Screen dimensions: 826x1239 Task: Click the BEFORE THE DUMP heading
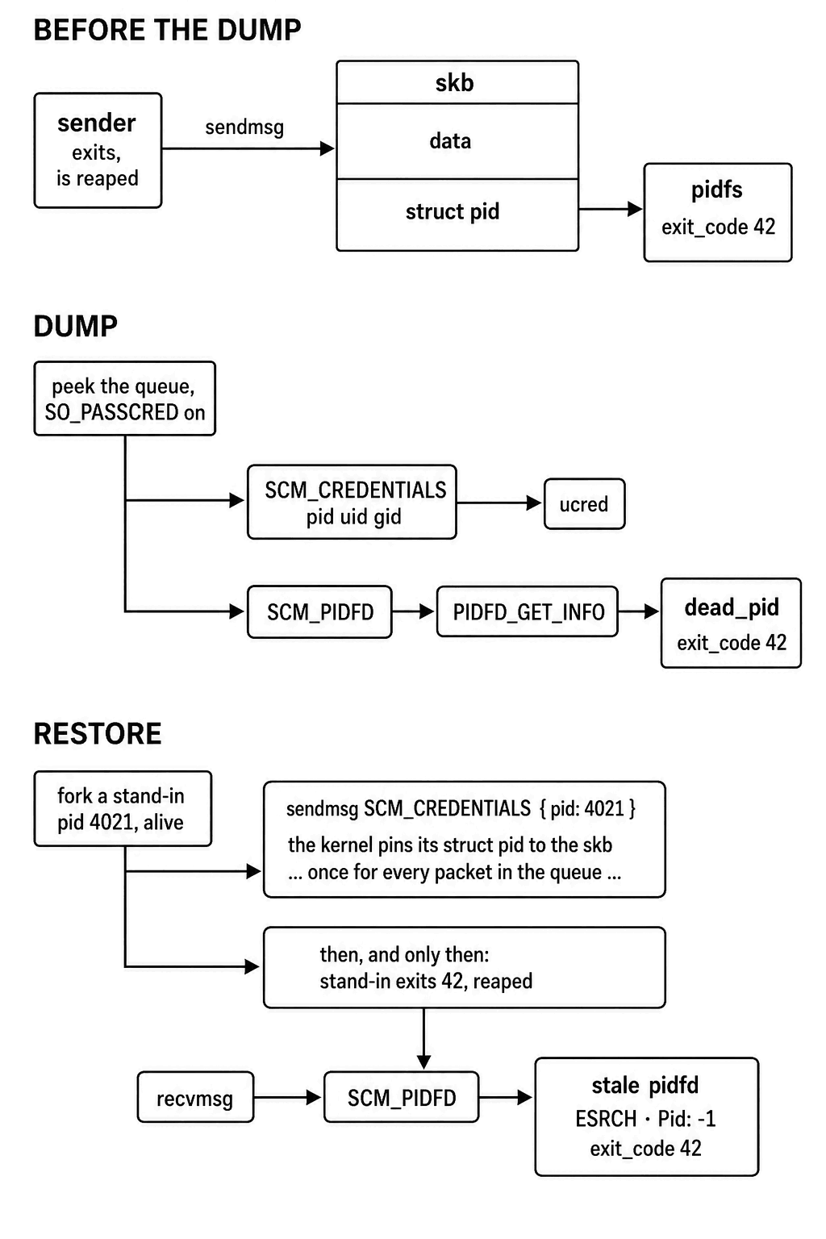point(167,30)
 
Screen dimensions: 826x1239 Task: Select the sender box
point(98,151)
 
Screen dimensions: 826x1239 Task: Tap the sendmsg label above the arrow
point(244,127)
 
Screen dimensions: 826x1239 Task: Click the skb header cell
point(457,82)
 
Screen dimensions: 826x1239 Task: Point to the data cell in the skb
point(457,141)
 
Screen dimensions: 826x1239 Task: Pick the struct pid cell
point(457,215)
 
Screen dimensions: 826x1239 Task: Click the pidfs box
point(718,212)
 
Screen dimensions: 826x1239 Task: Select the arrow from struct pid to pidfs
point(611,209)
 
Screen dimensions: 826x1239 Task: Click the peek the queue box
point(124,398)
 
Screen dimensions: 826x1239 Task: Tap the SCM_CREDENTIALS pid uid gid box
point(352,503)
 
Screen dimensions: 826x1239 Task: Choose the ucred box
point(584,504)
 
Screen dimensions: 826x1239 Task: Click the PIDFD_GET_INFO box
point(528,611)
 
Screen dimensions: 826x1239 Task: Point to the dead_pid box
point(731,624)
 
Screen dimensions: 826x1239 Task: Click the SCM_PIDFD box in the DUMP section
point(319,611)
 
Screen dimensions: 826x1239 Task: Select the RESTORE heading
point(98,734)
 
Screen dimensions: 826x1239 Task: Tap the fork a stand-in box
point(123,809)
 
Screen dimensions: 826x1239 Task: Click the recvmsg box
point(195,1097)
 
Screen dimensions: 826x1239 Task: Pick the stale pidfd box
point(647,1116)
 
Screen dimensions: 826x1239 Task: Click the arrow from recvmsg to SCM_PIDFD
point(288,1097)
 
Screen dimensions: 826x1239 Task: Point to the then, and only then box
point(464,967)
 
